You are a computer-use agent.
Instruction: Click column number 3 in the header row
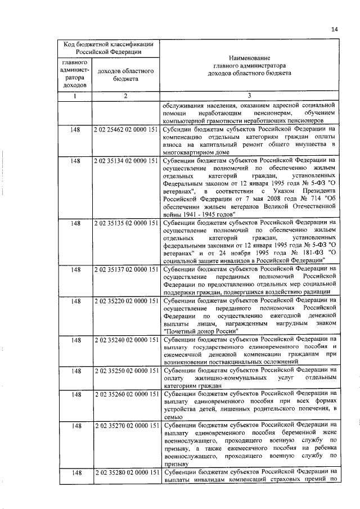(x=249, y=96)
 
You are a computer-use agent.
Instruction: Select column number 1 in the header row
(x=75, y=96)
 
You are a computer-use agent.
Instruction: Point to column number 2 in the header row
(x=126, y=96)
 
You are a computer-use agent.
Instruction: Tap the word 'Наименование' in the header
(x=249, y=58)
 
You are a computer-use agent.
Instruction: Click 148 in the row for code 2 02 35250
(x=75, y=372)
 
